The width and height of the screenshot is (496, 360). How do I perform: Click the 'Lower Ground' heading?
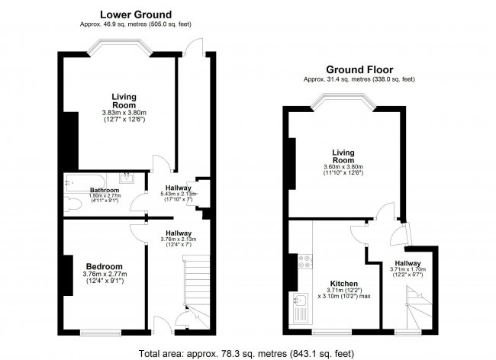(136, 14)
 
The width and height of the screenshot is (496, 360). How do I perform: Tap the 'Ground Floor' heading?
(359, 69)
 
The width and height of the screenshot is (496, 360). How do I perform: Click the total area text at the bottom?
(246, 353)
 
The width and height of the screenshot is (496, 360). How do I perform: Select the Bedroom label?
(104, 266)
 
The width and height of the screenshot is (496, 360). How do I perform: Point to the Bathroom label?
(105, 190)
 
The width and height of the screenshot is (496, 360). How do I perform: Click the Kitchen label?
(344, 284)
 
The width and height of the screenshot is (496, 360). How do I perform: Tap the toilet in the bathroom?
(72, 203)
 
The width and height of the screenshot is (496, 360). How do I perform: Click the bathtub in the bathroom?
(85, 183)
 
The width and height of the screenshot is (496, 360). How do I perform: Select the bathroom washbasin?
(127, 178)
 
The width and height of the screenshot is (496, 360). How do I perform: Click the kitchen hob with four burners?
(305, 262)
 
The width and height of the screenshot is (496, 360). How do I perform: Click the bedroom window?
(101, 333)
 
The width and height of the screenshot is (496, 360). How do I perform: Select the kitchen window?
(332, 333)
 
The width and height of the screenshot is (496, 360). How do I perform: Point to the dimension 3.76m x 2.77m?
(105, 274)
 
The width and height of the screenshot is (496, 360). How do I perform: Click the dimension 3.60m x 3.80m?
(343, 167)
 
